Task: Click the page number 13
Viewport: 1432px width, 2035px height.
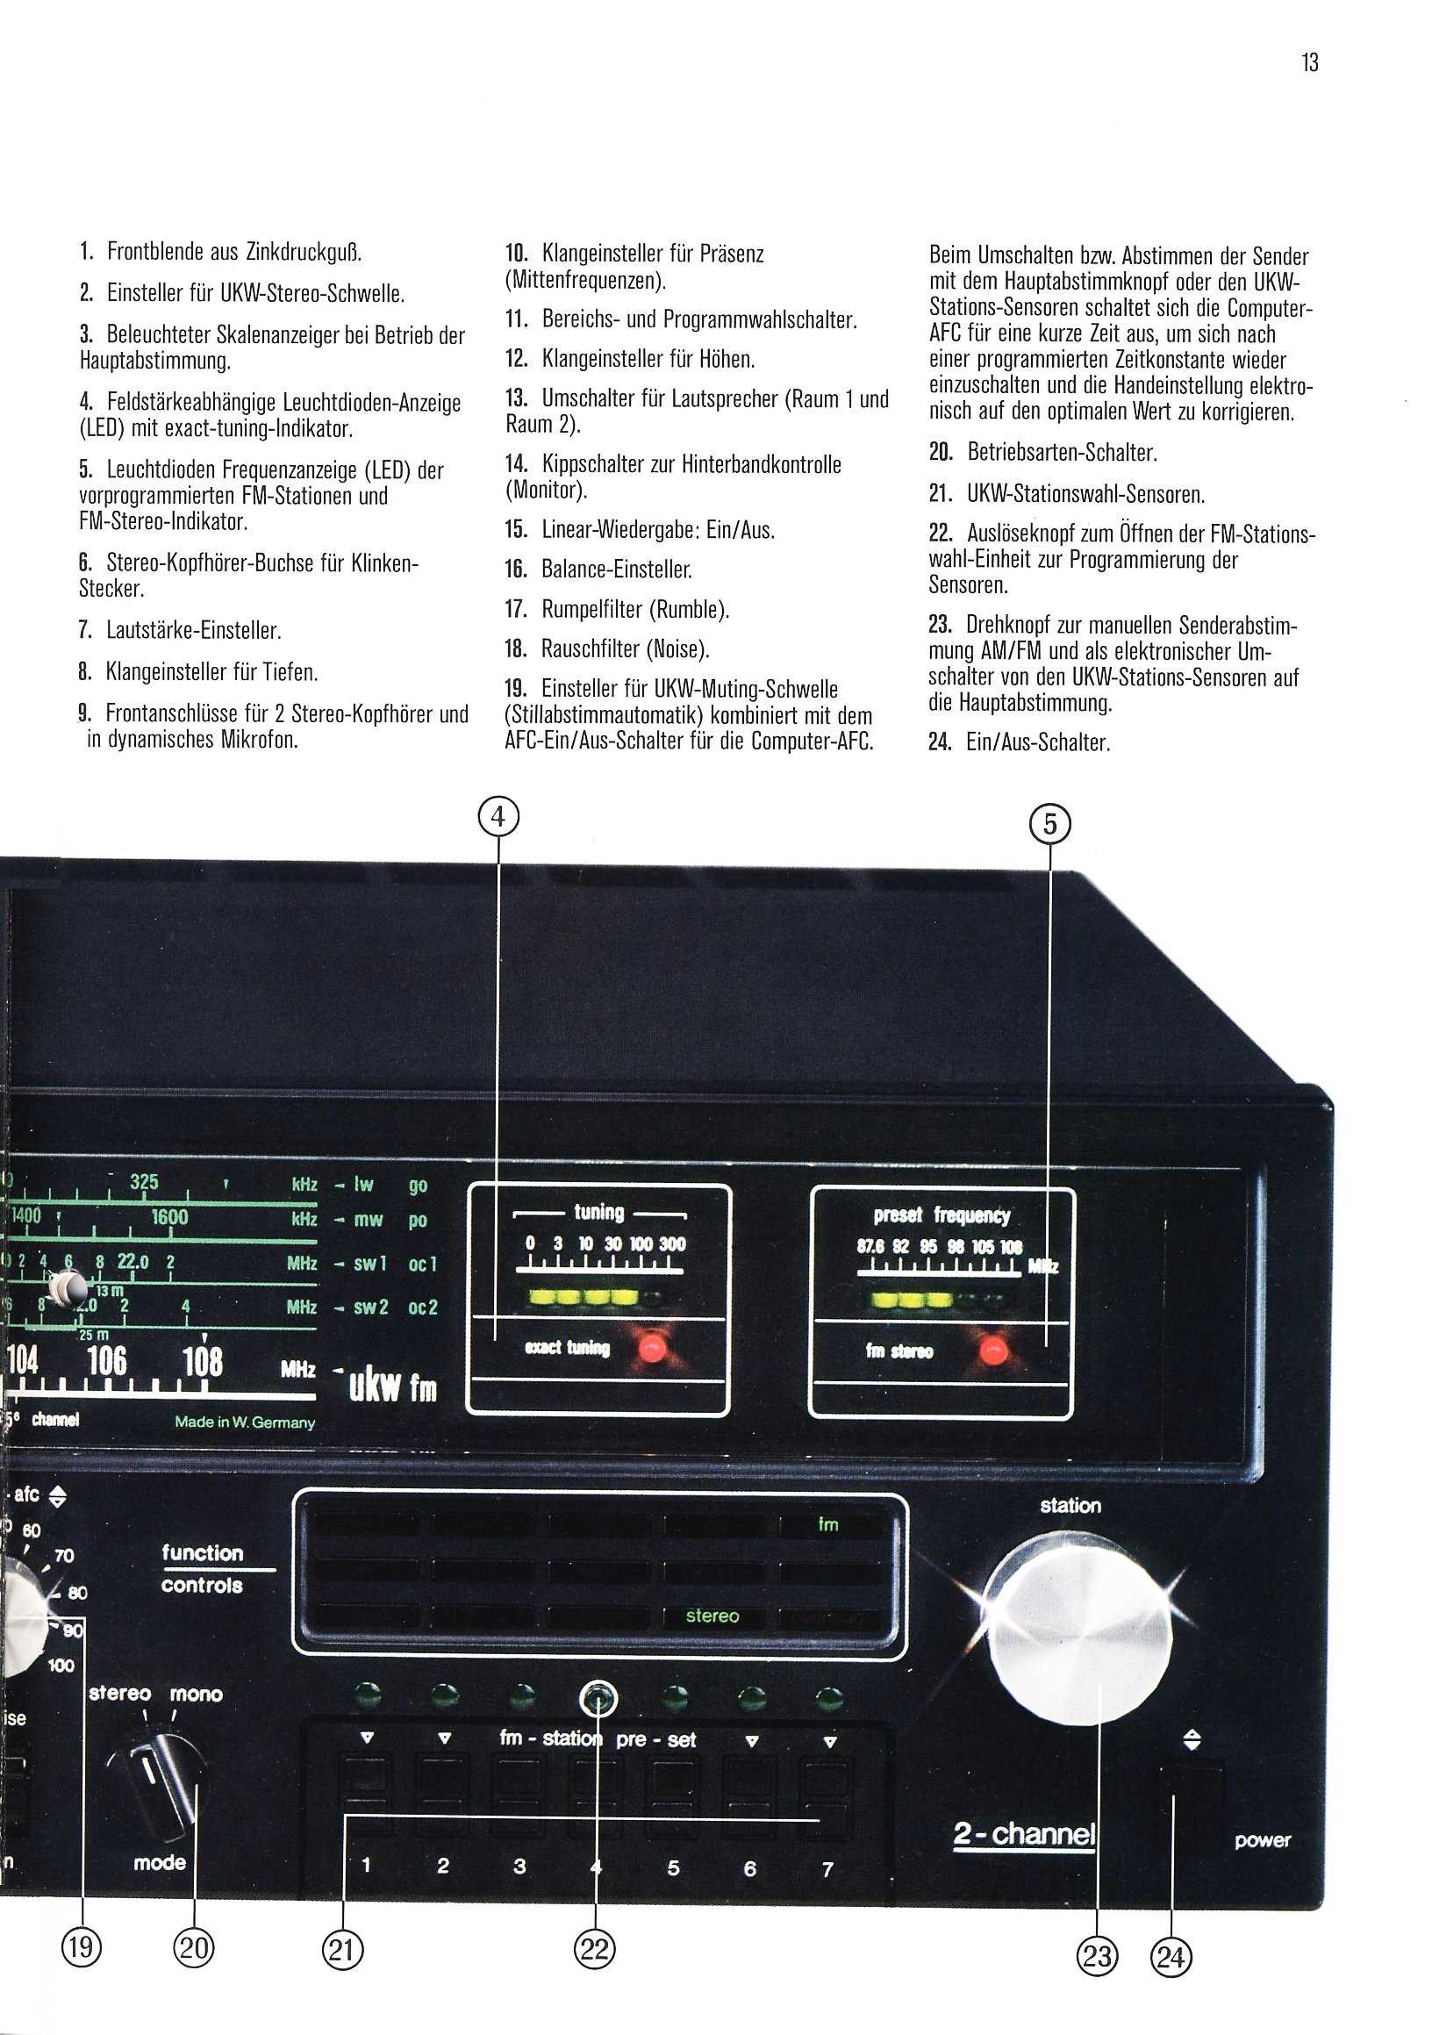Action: [1310, 63]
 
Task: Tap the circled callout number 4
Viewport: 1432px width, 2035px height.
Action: [498, 815]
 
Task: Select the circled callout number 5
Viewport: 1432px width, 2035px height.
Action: [1049, 825]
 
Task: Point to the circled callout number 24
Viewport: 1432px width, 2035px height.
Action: [1171, 1955]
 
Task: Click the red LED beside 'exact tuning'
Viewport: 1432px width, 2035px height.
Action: [652, 1347]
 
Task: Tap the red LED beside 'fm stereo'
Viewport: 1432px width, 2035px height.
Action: [992, 1351]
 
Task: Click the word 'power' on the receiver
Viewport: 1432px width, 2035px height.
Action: [1262, 1841]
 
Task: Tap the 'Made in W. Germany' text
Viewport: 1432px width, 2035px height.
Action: [245, 1422]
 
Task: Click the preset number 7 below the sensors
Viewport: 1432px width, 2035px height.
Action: [827, 1869]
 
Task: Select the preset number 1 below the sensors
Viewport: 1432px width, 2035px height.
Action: [366, 1866]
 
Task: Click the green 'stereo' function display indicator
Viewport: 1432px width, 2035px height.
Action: [712, 1616]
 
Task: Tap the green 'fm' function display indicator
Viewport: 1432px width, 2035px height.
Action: [827, 1524]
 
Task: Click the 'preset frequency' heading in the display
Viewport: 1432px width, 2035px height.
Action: [942, 1215]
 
